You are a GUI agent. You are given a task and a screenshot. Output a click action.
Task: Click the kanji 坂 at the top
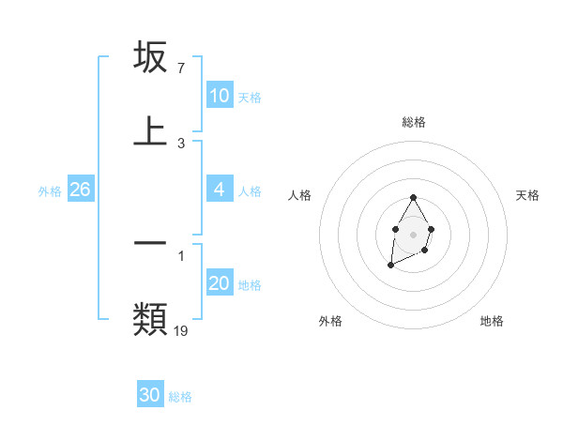(x=150, y=58)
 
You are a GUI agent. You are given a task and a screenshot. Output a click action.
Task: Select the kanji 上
(x=150, y=131)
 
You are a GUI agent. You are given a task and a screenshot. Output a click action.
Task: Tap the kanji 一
(x=150, y=242)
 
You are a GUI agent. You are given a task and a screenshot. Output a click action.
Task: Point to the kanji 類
(x=150, y=319)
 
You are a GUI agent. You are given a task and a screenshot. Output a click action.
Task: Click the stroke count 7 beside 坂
(x=180, y=68)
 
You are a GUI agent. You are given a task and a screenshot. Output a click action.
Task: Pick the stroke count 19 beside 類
(x=181, y=330)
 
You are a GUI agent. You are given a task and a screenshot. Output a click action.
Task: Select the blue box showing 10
(x=220, y=96)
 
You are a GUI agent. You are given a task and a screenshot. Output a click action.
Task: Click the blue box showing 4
(x=220, y=190)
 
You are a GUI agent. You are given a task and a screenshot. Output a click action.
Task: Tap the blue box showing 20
(x=220, y=283)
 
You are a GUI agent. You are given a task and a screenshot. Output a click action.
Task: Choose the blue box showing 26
(x=80, y=190)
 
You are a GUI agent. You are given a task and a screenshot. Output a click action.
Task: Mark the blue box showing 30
(x=150, y=395)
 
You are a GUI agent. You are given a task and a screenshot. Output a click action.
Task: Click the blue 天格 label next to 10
(x=250, y=97)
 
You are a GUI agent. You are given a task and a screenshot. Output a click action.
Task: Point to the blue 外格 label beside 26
(x=50, y=190)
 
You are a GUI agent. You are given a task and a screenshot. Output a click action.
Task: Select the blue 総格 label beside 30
(x=180, y=396)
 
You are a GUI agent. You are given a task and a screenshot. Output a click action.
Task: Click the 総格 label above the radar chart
(x=413, y=122)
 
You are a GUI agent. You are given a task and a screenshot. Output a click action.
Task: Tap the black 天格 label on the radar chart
(x=527, y=195)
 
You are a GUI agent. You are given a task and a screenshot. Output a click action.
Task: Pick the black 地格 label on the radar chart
(x=492, y=321)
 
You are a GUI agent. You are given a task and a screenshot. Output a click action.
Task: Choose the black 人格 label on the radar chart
(x=299, y=195)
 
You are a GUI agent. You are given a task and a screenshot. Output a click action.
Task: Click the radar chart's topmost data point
(x=413, y=198)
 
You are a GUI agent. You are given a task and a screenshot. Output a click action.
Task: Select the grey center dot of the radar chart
(x=413, y=233)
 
